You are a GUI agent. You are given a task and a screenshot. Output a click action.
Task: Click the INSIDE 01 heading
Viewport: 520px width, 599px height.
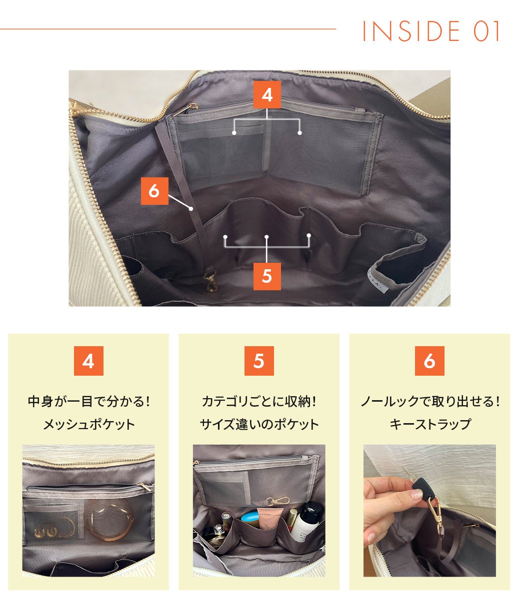431,31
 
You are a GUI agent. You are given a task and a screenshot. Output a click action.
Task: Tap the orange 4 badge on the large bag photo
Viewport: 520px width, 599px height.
267,95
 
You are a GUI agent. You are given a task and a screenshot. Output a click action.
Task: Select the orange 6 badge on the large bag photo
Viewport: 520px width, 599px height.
154,191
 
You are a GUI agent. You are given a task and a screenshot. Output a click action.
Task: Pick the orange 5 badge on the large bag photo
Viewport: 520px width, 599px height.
267,276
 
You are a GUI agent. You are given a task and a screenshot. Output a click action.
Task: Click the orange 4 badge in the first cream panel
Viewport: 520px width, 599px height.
88,361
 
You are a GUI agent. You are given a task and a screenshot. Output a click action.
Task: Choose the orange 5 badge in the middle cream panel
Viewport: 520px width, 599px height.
259,361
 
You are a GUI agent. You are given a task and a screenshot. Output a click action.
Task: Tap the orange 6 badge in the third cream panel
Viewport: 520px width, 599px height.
430,361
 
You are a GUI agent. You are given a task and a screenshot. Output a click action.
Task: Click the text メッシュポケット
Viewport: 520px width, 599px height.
88,425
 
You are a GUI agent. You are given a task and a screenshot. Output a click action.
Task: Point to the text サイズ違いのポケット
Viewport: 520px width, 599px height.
259,425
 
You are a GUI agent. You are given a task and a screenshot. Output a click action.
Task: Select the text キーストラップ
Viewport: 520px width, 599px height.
430,425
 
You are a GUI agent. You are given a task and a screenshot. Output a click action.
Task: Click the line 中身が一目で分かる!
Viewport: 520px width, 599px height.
88,402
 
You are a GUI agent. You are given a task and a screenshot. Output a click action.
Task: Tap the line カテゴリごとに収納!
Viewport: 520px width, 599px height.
259,402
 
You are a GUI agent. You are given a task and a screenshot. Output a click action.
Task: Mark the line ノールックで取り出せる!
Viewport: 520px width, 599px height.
430,402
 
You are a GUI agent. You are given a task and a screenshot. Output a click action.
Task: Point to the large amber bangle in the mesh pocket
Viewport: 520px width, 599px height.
109,520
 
